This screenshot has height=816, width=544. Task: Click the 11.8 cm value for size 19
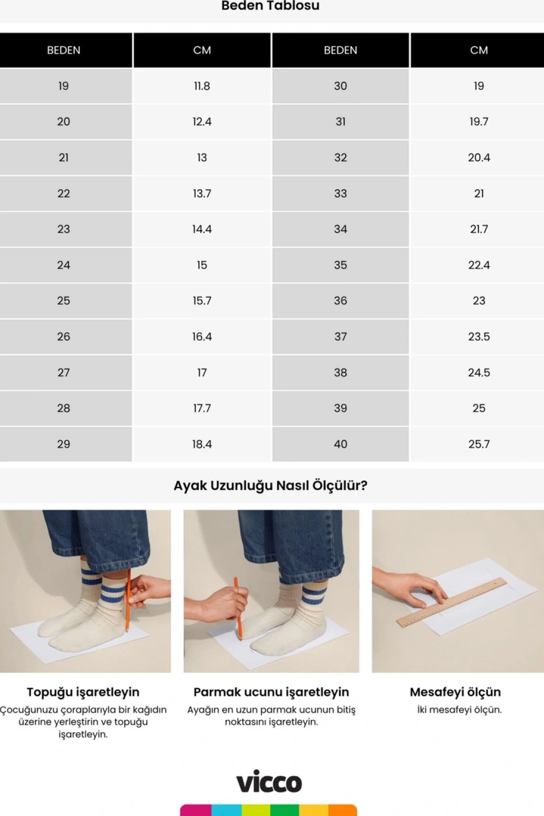(x=202, y=86)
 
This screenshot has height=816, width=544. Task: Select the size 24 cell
(x=64, y=265)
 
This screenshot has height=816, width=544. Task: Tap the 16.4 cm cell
(x=202, y=336)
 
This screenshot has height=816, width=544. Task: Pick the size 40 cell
(x=341, y=444)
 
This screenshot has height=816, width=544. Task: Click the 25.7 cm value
(x=479, y=444)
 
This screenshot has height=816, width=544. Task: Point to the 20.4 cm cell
(x=479, y=158)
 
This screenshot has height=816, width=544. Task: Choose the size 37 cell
(x=341, y=336)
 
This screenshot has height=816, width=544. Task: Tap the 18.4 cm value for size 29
(x=202, y=444)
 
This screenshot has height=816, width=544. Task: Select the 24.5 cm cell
(x=479, y=372)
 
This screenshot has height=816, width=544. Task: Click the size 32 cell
(x=341, y=158)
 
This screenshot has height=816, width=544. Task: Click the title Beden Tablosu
(x=270, y=5)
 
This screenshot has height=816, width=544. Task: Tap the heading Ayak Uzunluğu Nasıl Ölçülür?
(x=270, y=485)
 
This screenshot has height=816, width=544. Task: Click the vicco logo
(x=269, y=781)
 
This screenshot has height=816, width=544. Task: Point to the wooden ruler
(x=451, y=602)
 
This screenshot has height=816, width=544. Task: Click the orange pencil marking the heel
(x=128, y=600)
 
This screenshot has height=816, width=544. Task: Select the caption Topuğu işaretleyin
(x=83, y=692)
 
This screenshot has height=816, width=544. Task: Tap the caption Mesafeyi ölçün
(x=456, y=692)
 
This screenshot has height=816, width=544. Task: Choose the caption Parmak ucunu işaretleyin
(x=271, y=692)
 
